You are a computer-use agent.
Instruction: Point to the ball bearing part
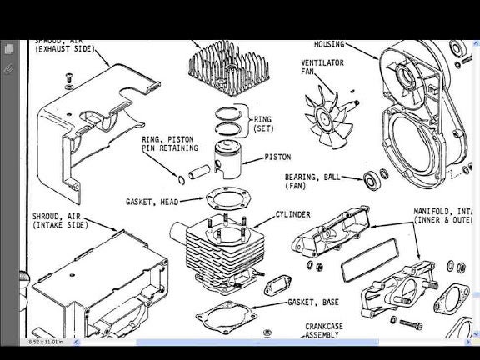click(x=373, y=178)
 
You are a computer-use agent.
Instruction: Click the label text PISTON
click(x=277, y=157)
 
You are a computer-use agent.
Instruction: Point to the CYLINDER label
click(x=292, y=214)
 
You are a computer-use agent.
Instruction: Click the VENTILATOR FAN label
click(x=318, y=67)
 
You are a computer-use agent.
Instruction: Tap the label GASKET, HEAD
click(x=153, y=202)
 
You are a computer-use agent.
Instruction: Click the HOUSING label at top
click(x=328, y=44)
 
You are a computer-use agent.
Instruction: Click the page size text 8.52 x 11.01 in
click(x=47, y=342)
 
